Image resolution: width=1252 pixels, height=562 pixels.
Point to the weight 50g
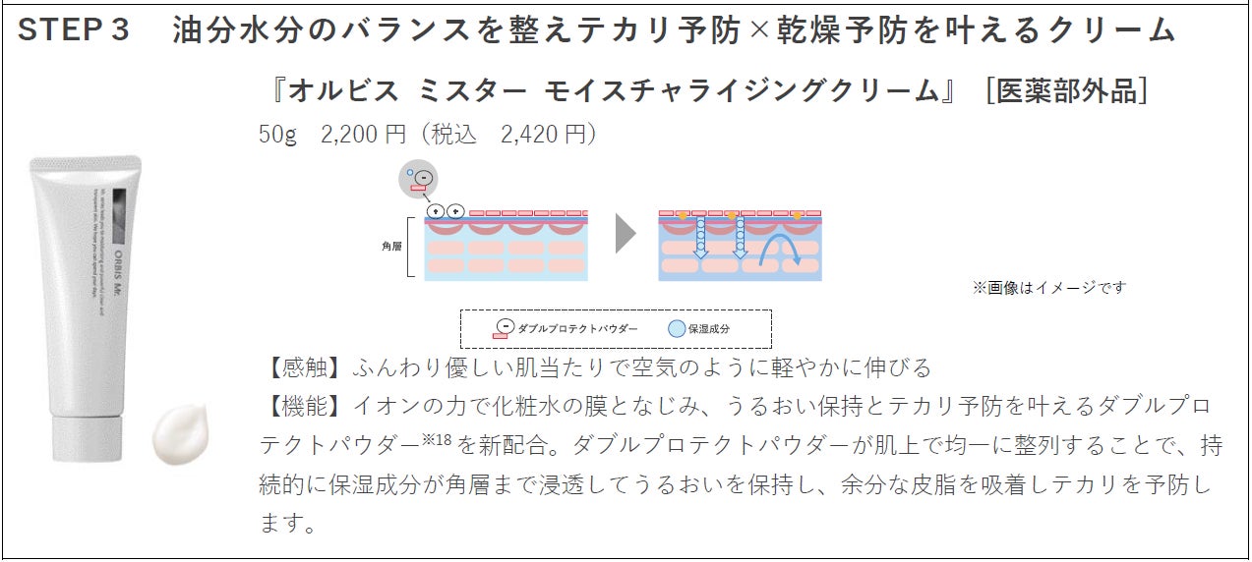pyautogui.click(x=277, y=134)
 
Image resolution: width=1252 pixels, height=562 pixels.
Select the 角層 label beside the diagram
pyautogui.click(x=391, y=247)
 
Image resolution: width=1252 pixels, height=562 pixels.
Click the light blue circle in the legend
pyautogui.click(x=676, y=329)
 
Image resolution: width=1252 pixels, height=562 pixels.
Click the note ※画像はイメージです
pyautogui.click(x=1049, y=287)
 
